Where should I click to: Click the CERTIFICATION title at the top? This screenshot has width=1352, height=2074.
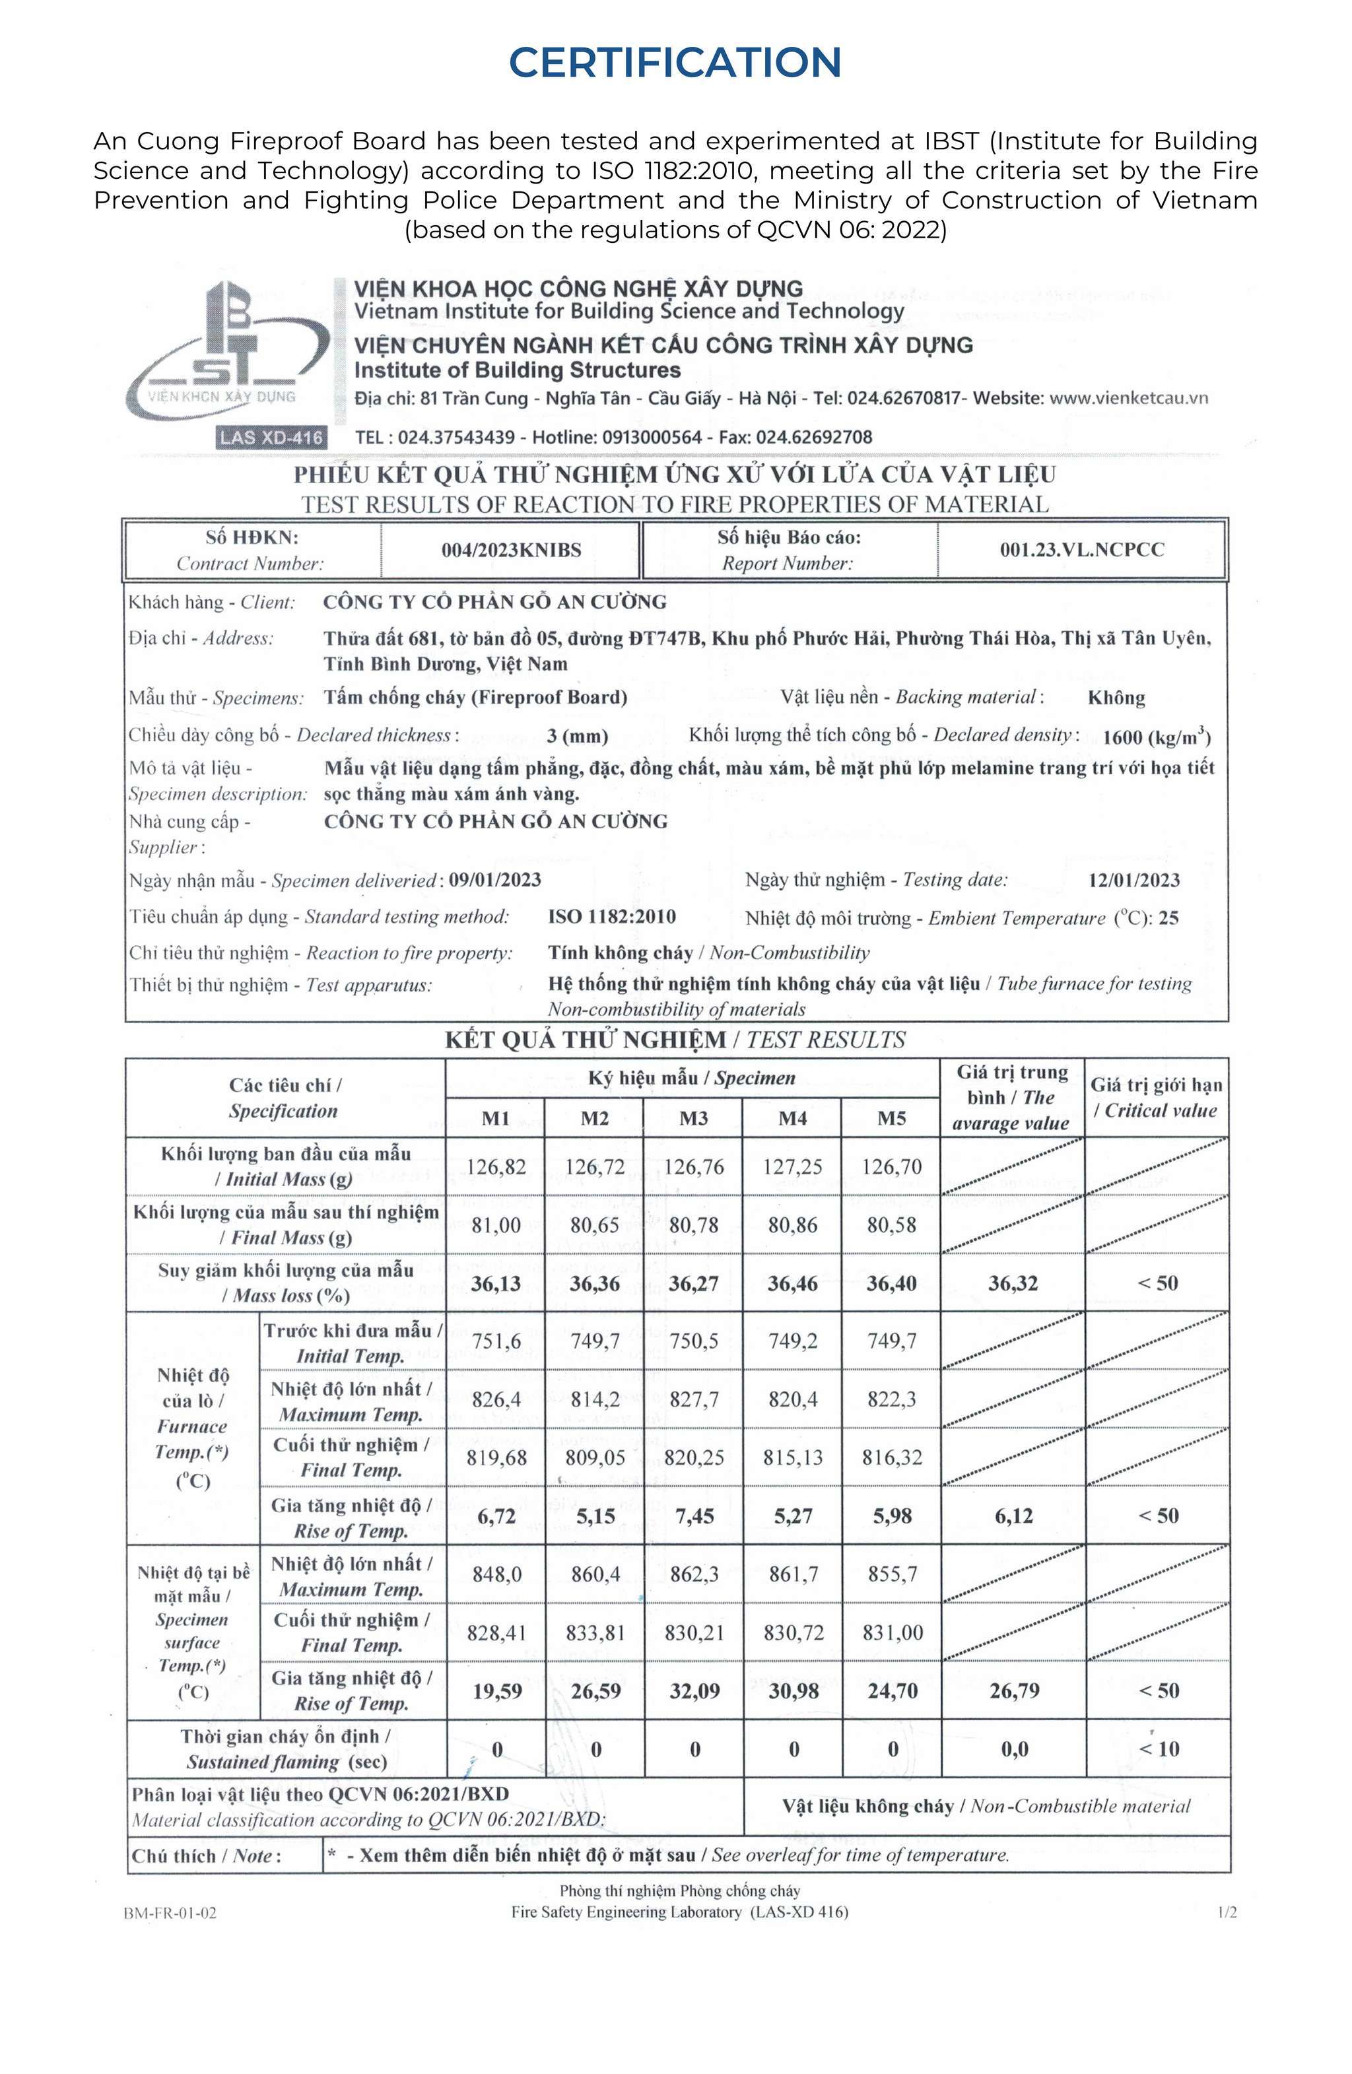675,62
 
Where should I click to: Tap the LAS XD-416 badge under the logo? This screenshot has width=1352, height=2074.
271,438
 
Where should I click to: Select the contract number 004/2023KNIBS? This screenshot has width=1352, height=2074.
511,550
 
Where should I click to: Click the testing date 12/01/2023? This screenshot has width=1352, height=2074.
1133,880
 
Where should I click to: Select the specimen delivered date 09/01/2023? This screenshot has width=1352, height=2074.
495,879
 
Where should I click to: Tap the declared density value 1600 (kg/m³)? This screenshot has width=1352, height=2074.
1156,737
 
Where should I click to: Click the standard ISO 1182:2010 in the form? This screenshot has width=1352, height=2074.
612,917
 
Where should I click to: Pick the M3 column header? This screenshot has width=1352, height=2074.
693,1118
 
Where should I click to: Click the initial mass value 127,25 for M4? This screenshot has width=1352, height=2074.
792,1167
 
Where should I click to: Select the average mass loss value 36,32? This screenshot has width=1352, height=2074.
1013,1284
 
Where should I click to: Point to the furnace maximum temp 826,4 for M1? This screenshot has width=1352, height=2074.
496,1399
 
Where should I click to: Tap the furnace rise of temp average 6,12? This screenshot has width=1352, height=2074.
1013,1516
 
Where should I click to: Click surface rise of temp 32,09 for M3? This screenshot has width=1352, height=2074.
694,1691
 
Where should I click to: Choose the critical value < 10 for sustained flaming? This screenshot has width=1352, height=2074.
1159,1749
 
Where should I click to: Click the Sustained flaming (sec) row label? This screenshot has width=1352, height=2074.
286,1749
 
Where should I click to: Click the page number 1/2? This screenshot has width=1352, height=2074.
1227,1913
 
